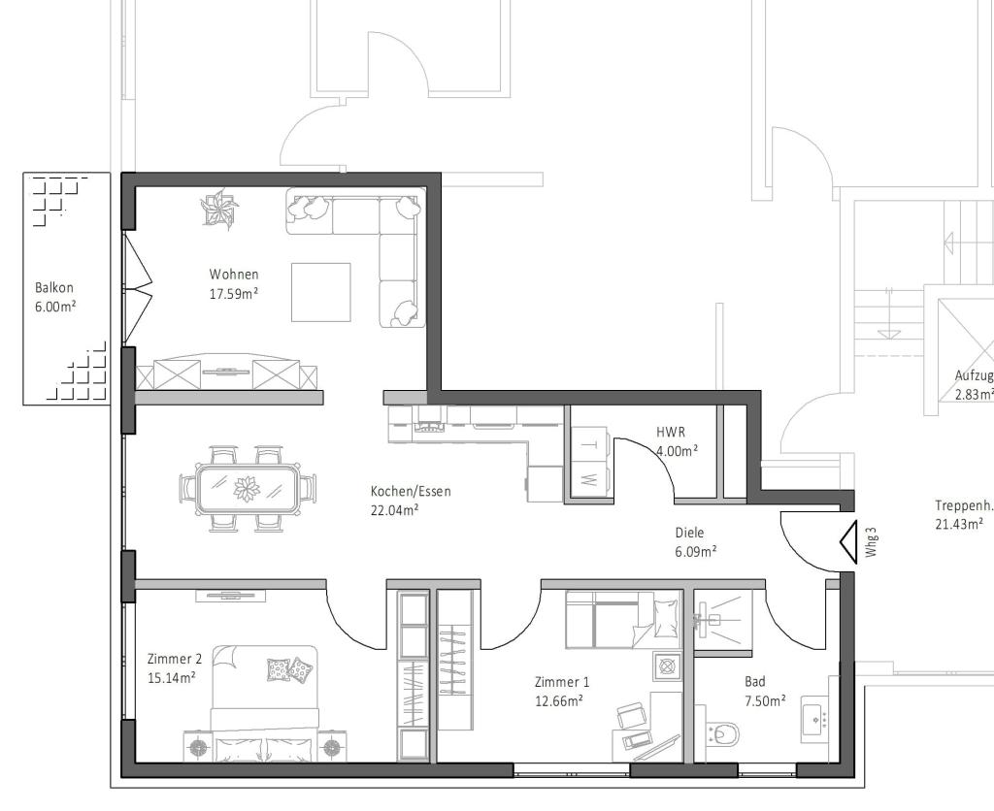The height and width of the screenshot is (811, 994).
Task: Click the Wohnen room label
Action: [x=234, y=275]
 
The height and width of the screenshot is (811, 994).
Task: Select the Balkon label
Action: [x=54, y=288]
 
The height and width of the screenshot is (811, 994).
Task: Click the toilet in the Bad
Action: [x=721, y=734]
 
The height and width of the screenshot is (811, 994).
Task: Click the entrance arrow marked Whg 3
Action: [x=846, y=543]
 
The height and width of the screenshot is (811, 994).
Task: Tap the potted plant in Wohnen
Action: [x=219, y=209]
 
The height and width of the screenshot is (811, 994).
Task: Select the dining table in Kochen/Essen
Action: [x=248, y=489]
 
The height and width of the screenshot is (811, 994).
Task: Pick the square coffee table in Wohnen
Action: [x=321, y=292]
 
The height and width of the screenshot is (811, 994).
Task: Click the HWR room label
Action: [x=670, y=432]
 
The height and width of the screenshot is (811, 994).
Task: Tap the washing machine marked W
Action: [x=589, y=479]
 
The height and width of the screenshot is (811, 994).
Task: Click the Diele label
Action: [x=689, y=533]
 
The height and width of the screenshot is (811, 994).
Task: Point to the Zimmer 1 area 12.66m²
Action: [x=558, y=700]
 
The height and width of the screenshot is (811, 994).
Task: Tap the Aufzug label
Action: [x=974, y=375]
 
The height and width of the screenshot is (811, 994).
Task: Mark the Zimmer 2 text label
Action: [x=175, y=659]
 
